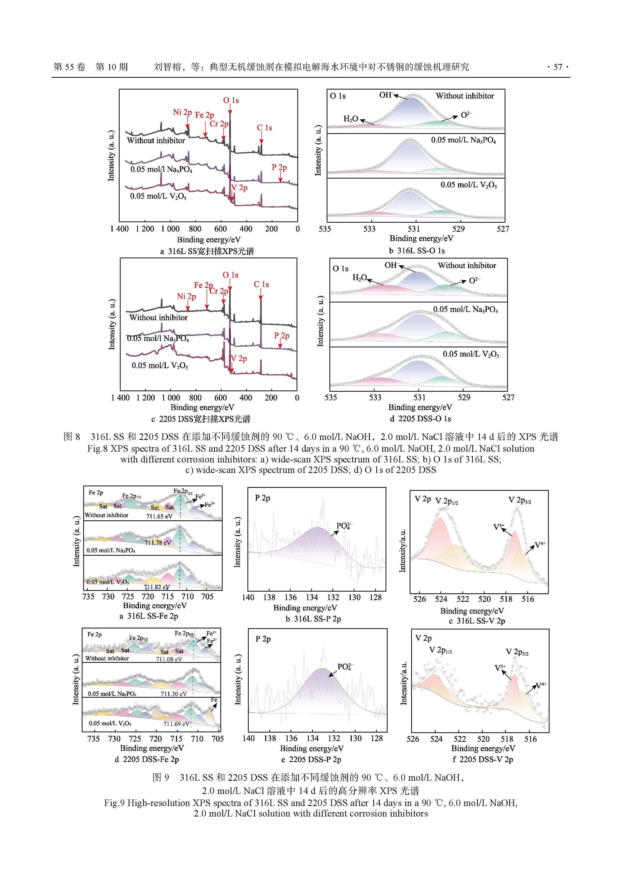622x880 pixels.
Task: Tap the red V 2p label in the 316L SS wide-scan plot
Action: [239, 188]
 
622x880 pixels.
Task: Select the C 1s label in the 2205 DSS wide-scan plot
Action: [261, 284]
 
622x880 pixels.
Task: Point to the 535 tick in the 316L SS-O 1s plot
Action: [325, 229]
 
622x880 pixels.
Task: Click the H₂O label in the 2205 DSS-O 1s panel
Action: [360, 277]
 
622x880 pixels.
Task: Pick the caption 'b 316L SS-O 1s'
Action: [417, 251]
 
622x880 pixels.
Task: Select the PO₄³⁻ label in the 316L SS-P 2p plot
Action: [344, 525]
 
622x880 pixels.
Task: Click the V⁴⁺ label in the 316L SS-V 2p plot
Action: [540, 544]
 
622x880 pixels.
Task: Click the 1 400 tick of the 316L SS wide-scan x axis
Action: [120, 229]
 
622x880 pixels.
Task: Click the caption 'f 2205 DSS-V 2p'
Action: [483, 759]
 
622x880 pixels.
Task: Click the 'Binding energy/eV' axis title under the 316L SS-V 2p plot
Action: [472, 611]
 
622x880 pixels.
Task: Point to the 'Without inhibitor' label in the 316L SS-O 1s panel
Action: [465, 96]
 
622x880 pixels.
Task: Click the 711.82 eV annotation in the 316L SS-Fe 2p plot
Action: [157, 587]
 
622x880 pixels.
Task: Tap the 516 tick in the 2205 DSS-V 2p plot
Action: [530, 739]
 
